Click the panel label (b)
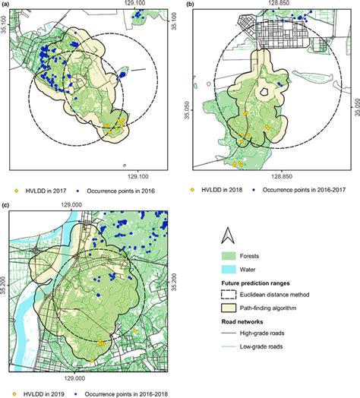(189, 5)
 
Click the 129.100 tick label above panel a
(135, 5)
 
